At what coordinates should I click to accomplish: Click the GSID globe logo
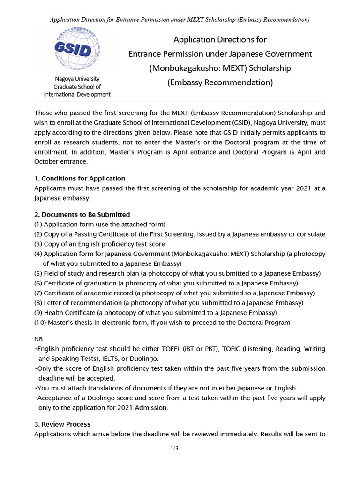tap(77, 49)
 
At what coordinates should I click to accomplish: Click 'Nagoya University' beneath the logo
tap(77, 79)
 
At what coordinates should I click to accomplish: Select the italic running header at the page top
tap(180, 20)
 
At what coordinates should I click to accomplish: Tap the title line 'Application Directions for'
tap(220, 40)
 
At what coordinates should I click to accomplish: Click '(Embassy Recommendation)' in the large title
tap(220, 82)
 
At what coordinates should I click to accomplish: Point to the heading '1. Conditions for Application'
tap(80, 178)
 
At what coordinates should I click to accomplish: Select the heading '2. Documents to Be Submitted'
tap(82, 214)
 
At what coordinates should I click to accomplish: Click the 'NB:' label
tap(39, 339)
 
